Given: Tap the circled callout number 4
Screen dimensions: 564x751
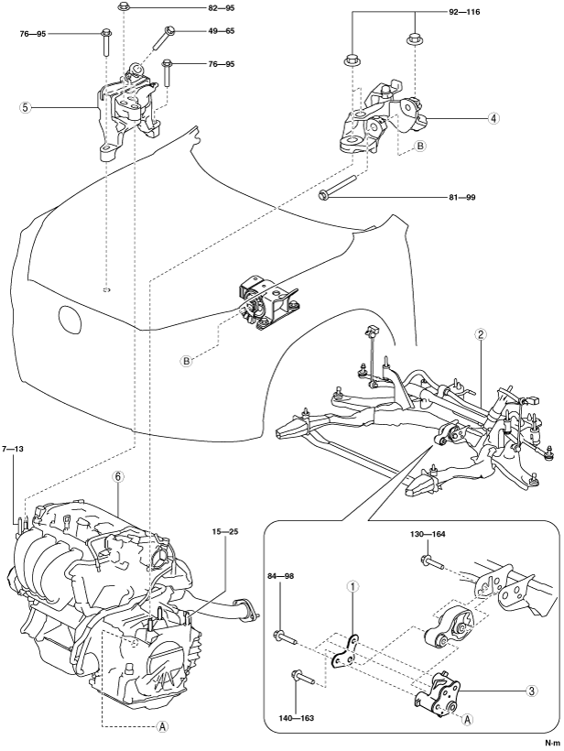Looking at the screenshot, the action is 493,117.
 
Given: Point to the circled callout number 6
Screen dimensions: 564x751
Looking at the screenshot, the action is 118,476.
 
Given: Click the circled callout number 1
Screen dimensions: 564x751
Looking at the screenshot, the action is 352,585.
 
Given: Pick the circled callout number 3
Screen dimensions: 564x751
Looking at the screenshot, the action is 531,691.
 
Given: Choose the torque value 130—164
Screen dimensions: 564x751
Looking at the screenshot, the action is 428,534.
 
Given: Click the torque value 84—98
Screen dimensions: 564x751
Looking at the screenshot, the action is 280,576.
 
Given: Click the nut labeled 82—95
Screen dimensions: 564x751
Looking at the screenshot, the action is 123,7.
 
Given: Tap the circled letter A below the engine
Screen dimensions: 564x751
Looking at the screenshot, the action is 162,726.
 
